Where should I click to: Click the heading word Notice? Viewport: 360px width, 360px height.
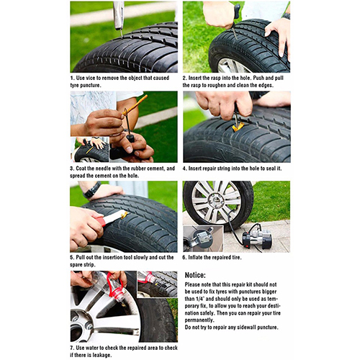[195, 275]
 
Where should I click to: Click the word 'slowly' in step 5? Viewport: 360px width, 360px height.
[140, 257]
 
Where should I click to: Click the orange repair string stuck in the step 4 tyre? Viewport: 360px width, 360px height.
[238, 127]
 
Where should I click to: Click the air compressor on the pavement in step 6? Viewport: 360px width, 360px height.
[257, 237]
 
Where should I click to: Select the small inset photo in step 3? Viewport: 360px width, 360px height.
[90, 150]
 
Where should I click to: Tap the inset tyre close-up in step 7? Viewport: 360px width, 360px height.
[157, 284]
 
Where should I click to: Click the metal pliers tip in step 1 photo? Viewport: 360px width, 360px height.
[121, 33]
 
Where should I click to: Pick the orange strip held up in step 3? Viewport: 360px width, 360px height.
[135, 104]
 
